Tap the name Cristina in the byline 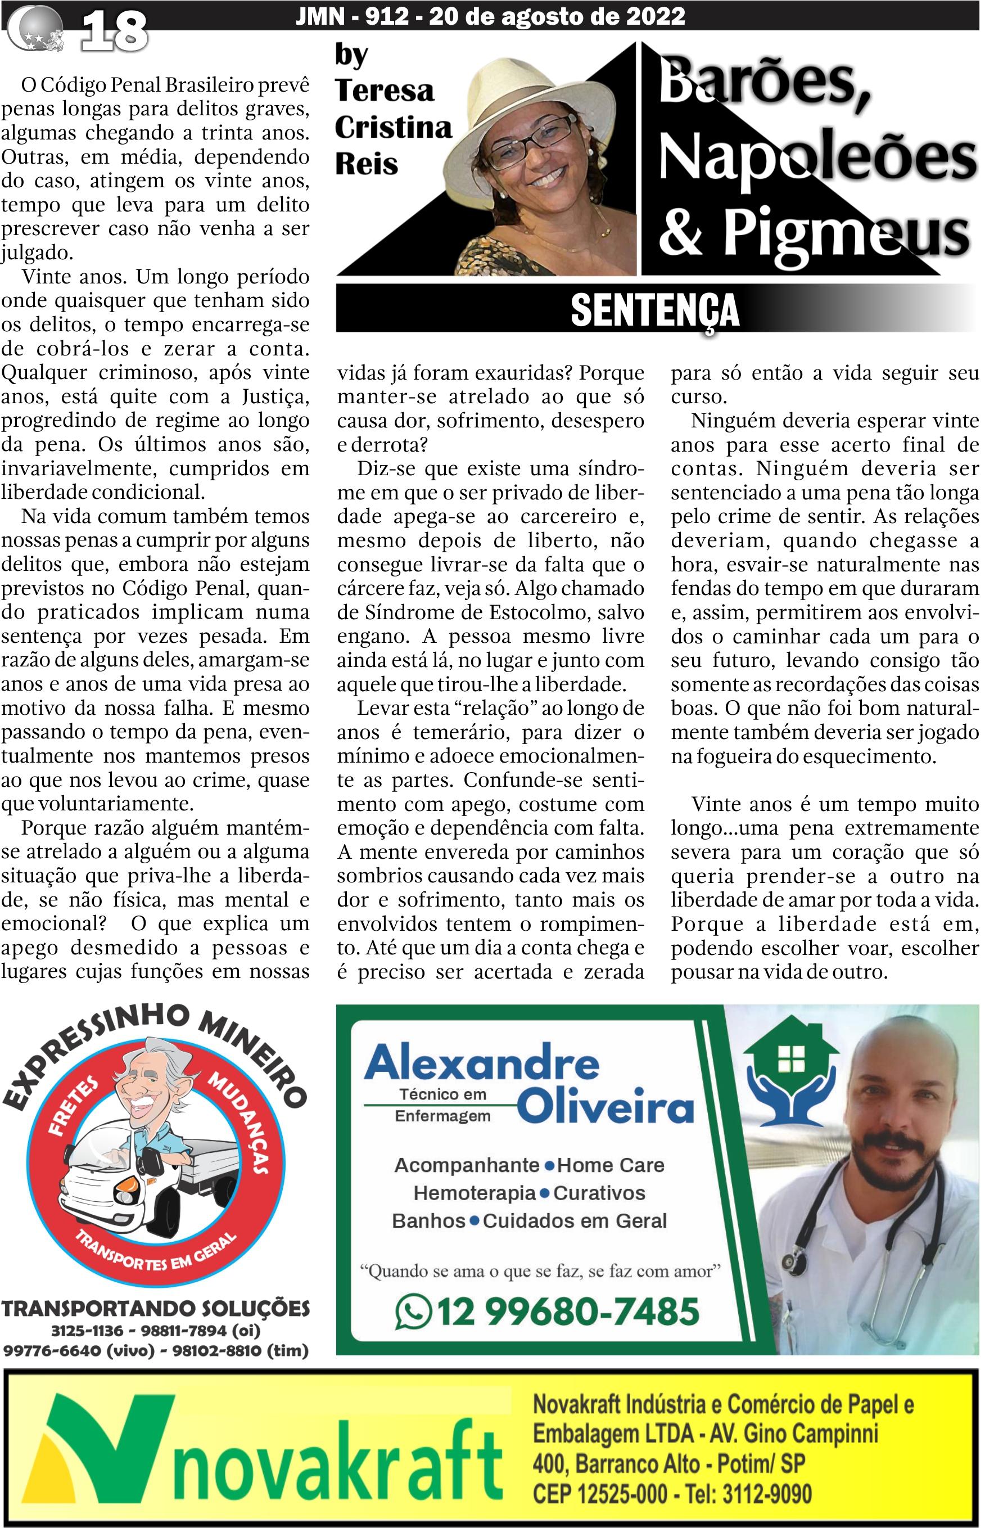click(393, 127)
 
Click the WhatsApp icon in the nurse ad click(413, 1311)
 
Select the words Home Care click(610, 1165)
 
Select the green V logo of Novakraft click(102, 1450)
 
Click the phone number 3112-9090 click(767, 1494)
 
